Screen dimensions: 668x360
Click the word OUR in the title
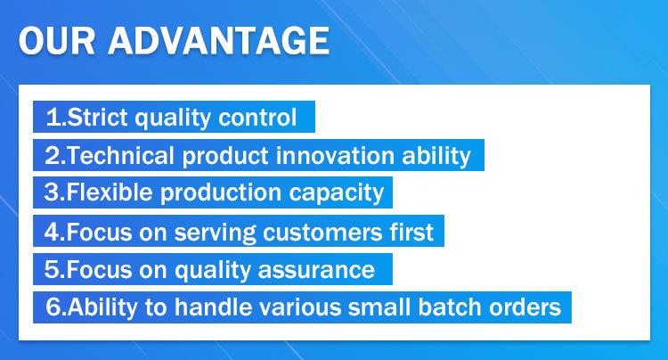[57, 40]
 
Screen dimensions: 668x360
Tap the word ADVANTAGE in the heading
[218, 40]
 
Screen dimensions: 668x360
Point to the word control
[257, 117]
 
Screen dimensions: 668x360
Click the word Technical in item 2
[120, 155]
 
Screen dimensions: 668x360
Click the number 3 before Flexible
[51, 192]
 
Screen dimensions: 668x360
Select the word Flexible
[110, 192]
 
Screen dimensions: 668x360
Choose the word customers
[322, 233]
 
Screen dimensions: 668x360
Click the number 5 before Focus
[51, 270]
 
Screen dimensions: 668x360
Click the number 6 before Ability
[53, 307]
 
